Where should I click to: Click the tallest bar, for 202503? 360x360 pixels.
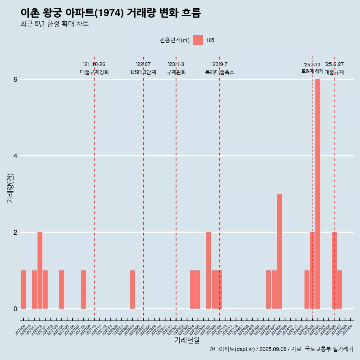pos(318,194)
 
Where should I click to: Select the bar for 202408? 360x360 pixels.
pos(279,251)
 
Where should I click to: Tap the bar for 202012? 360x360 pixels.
pos(40,270)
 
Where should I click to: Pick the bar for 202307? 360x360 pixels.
pos(208,270)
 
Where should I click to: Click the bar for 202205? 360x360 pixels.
pos(132,289)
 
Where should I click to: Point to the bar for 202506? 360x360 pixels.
pos(334,270)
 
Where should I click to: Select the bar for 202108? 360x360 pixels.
pos(83,289)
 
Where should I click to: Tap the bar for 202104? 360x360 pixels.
pos(61,289)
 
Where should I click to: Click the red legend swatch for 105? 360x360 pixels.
pos(198,40)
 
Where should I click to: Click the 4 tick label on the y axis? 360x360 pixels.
pos(15,156)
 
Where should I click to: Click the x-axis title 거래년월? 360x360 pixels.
pos(187,340)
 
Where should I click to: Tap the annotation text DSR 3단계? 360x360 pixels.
pos(143,72)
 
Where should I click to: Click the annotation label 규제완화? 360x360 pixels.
pos(176,72)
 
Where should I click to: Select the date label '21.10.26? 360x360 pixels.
pos(94,64)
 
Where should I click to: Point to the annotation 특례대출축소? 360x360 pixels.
pos(219,72)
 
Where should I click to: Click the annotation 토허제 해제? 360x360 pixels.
pos(312,71)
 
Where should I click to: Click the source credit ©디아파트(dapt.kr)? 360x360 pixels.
pos(232,349)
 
